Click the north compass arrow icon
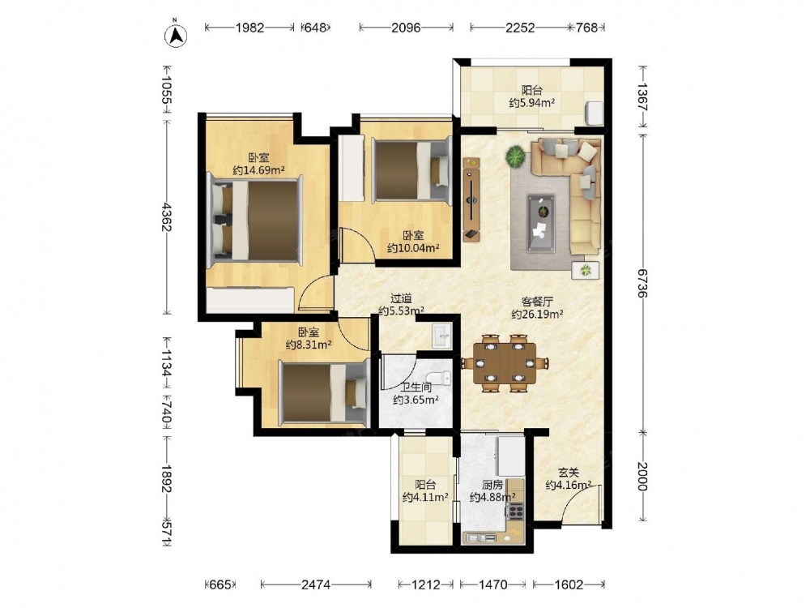coord(176,35)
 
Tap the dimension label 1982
coord(250,28)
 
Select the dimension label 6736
coord(642,283)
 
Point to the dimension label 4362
coord(166,216)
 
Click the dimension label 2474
coord(316,584)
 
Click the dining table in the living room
coord(505,363)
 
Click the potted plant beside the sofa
coord(515,156)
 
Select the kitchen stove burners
coord(515,511)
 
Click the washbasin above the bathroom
coord(441,335)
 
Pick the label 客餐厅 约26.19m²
coord(537,307)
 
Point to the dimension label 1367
coord(642,96)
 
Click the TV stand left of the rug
coord(471,199)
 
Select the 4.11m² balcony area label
coord(425,491)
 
